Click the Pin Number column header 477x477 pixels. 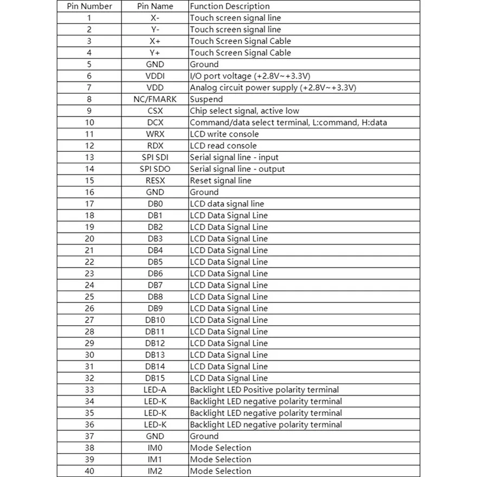89,7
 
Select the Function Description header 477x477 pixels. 229,7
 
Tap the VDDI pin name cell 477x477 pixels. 155,76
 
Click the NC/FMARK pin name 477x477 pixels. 155,99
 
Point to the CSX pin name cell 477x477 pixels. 155,111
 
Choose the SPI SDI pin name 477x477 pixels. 155,157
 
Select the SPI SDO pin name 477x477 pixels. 155,169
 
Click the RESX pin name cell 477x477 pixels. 155,181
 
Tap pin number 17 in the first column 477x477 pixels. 89,204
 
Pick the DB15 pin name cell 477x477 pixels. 155,378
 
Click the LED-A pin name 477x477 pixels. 155,390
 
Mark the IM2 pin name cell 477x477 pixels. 155,471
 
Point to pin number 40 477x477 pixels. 89,471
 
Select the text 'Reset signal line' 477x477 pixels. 221,181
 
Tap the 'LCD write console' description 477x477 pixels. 224,134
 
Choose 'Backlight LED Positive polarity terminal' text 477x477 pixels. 264,390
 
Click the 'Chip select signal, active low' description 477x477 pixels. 244,111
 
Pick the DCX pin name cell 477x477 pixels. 155,123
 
